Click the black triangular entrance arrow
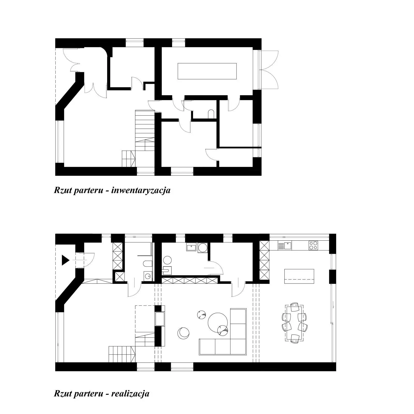pyautogui.click(x=65, y=260)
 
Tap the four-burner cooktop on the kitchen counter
pyautogui.click(x=313, y=245)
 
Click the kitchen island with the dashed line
pyautogui.click(x=299, y=276)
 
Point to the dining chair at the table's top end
pyautogui.click(x=295, y=307)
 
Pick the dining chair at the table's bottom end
pyautogui.click(x=295, y=339)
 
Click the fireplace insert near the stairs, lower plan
pyautogui.click(x=160, y=319)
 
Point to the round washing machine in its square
pyautogui.click(x=202, y=248)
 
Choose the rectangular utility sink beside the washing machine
pyautogui.click(x=192, y=247)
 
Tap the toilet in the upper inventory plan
pyautogui.click(x=211, y=114)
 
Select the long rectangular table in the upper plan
pyautogui.click(x=207, y=71)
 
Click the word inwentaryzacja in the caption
pyautogui.click(x=141, y=190)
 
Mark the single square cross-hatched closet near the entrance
pyautogui.click(x=120, y=277)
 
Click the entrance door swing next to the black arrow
pyautogui.click(x=85, y=260)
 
